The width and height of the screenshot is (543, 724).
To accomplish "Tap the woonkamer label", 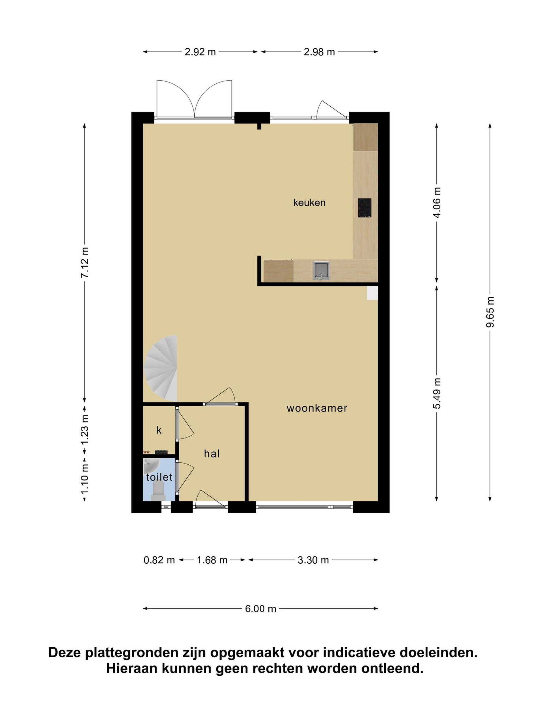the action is pyautogui.click(x=317, y=408).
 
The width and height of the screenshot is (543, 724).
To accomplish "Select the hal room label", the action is pyautogui.click(x=212, y=454).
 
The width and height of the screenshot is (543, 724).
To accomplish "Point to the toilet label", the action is pyautogui.click(x=160, y=477).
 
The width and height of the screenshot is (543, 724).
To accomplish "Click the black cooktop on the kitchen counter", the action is pyautogui.click(x=365, y=208).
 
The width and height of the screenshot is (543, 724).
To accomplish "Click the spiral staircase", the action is pyautogui.click(x=161, y=368).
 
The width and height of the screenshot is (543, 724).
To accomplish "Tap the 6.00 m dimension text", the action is pyautogui.click(x=261, y=609).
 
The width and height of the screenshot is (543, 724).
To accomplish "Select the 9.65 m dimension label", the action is pyautogui.click(x=490, y=312).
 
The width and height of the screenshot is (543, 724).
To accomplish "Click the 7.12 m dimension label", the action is pyautogui.click(x=85, y=262).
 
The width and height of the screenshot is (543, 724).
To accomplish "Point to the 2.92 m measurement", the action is pyautogui.click(x=200, y=52).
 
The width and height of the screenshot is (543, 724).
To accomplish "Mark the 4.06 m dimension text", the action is pyautogui.click(x=437, y=202).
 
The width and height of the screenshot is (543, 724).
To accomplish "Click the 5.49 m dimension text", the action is pyautogui.click(x=437, y=393).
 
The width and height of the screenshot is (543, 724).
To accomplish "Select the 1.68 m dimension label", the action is pyautogui.click(x=212, y=560).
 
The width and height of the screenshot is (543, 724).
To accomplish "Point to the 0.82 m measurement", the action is pyautogui.click(x=160, y=560).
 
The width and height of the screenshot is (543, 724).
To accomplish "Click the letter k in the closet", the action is pyautogui.click(x=159, y=430).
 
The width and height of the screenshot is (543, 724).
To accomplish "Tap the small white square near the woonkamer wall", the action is pyautogui.click(x=372, y=293).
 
